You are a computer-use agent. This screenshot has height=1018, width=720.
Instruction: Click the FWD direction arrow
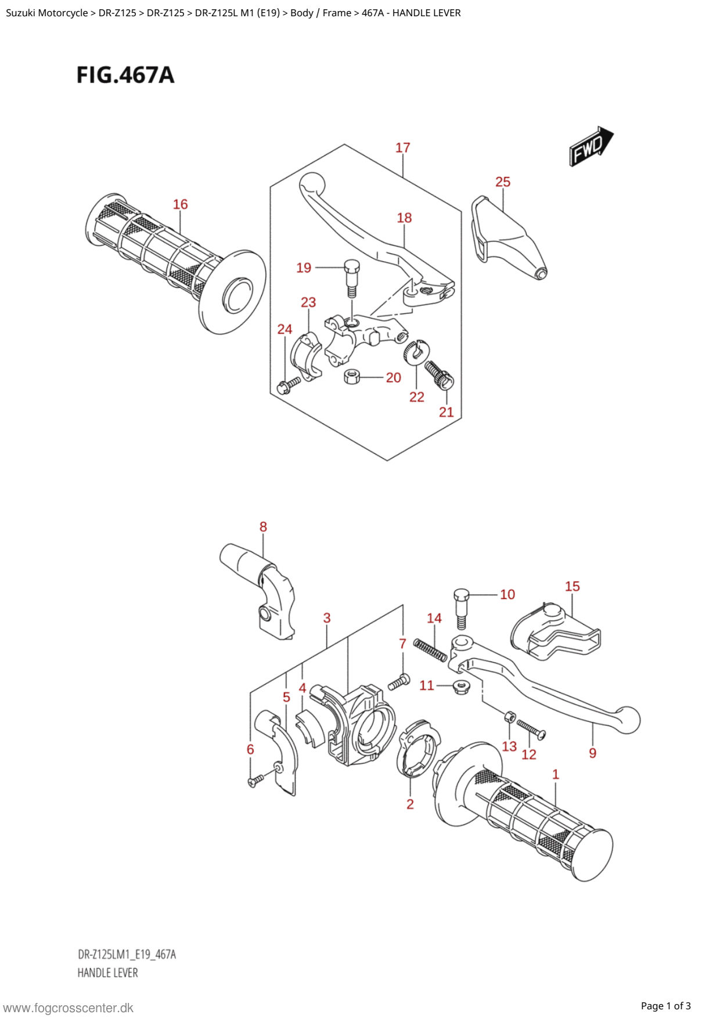pos(591,146)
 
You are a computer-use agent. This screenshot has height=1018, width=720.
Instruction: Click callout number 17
pos(403,148)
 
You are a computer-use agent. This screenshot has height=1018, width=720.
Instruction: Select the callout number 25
pos(503,182)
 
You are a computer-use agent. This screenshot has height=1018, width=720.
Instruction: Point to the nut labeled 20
pos(352,377)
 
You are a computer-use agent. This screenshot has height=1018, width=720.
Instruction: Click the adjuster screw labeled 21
pos(439,374)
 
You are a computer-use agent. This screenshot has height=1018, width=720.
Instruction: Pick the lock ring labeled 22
pos(416,352)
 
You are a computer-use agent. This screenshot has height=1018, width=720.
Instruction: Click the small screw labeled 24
pos(289,385)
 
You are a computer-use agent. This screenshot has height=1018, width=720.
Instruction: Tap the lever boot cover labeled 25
pos(509,238)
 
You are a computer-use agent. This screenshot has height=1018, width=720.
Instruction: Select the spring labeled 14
pos(430,650)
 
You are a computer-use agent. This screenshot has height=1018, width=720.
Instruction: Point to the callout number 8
pos(263,527)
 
